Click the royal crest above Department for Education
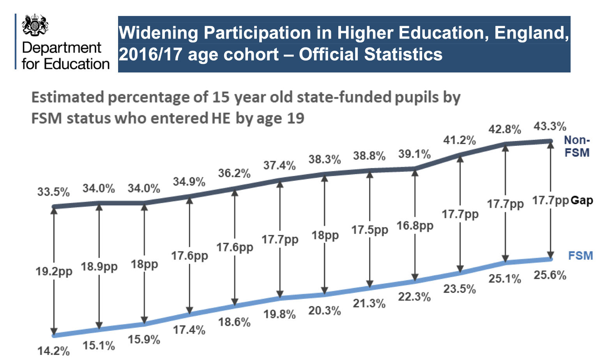(x=35, y=25)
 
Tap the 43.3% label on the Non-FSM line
(x=550, y=127)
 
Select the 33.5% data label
(x=53, y=192)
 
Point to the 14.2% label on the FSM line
(x=53, y=351)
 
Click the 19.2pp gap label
(x=54, y=271)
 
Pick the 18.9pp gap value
(x=99, y=267)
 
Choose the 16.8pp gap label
(x=415, y=226)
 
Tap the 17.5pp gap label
(x=369, y=230)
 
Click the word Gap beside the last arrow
(x=582, y=201)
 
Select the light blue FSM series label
(x=580, y=256)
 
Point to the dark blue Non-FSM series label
(x=577, y=146)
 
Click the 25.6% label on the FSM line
(x=550, y=275)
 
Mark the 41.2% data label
(x=460, y=140)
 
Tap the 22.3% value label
(x=414, y=297)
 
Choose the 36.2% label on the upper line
(x=234, y=173)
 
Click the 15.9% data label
(x=144, y=340)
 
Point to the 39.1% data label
(x=414, y=154)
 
